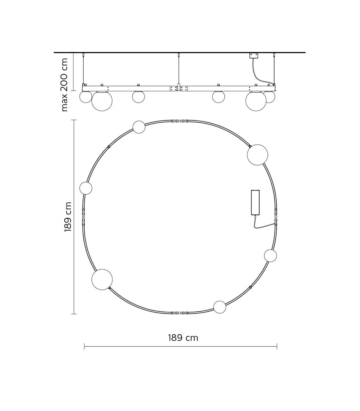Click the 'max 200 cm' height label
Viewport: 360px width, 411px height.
click(64, 85)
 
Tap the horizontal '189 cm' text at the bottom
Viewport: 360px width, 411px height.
click(183, 338)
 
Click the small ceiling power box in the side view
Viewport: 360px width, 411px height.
click(253, 56)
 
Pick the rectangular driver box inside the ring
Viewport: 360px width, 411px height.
click(255, 202)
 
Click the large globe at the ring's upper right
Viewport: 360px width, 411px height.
click(257, 155)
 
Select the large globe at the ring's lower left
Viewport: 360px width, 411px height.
click(102, 280)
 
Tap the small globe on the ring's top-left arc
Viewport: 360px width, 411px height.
click(139, 127)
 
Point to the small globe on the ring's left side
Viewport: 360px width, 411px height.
click(86, 188)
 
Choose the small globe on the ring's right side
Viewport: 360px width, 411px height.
click(270, 255)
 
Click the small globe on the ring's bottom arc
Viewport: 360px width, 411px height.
click(220, 307)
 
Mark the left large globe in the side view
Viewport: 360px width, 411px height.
click(102, 100)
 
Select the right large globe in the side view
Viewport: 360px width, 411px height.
click(256, 100)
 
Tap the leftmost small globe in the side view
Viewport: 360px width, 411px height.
click(85, 97)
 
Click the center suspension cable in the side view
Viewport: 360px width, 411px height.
click(179, 70)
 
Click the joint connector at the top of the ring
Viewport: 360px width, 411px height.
click(179, 121)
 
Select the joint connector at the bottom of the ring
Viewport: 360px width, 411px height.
click(179, 313)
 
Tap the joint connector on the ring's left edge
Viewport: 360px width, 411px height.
click(83, 217)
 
